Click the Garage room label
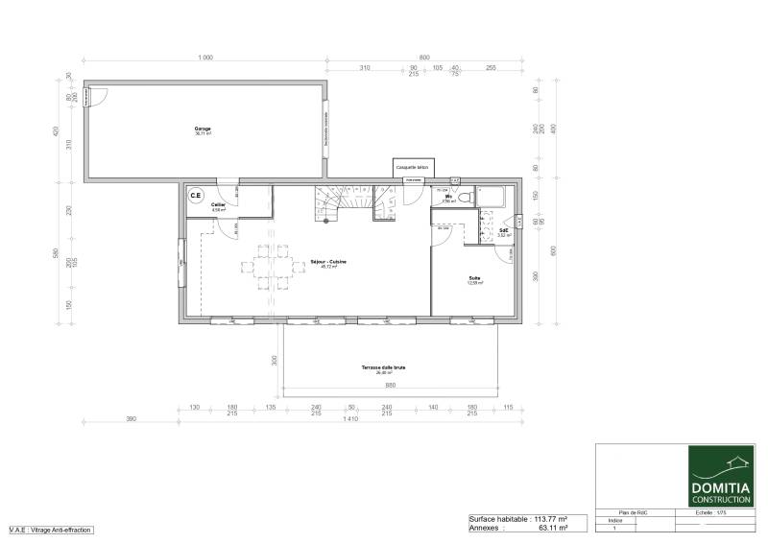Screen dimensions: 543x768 (203, 130)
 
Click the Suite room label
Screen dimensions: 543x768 (474, 280)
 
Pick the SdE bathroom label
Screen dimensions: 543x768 (504, 230)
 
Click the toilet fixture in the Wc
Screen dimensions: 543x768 (464, 197)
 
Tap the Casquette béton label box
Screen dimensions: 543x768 (413, 167)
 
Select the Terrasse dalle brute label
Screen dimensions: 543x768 (383, 367)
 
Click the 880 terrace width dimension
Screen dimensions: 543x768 (391, 386)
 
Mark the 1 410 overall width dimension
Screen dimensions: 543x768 (350, 419)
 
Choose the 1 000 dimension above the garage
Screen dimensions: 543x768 (204, 59)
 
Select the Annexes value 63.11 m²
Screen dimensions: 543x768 (551, 528)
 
